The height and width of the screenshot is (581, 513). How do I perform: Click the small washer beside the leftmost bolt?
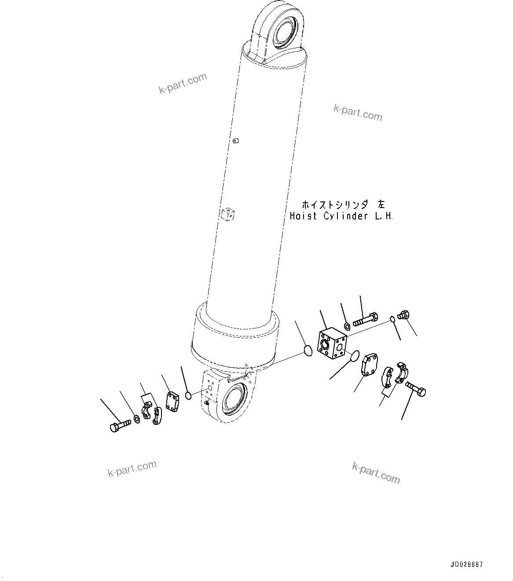pos(137,418)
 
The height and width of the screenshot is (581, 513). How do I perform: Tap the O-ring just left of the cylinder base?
pos(188,396)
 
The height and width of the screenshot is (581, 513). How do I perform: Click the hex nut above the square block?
pos(347,326)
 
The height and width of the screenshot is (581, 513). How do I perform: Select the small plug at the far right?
pos(403,315)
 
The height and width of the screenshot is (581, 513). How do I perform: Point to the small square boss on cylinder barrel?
pos(228,215)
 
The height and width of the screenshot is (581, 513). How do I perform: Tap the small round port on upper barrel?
pos(236,141)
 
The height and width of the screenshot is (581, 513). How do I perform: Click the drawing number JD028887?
pos(467,565)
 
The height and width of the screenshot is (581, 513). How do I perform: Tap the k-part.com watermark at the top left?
pos(183,83)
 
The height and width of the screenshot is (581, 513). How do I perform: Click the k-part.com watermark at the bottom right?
pos(376,472)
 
